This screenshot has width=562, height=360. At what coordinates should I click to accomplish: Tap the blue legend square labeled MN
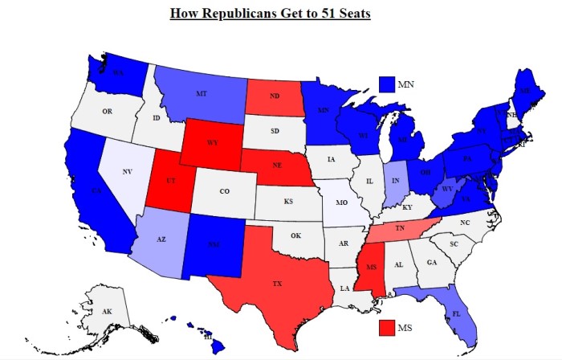(x=388, y=84)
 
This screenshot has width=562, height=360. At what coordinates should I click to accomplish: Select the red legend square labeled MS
(x=388, y=328)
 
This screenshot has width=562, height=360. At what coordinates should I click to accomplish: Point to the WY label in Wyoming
(x=212, y=142)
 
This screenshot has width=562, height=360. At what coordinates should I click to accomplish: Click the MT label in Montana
(x=201, y=94)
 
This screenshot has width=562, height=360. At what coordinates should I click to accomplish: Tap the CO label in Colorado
(x=224, y=191)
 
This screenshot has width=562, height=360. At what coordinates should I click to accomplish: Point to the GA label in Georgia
(x=432, y=262)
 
